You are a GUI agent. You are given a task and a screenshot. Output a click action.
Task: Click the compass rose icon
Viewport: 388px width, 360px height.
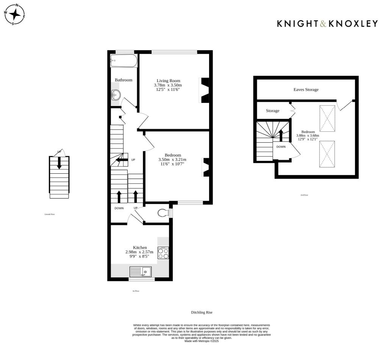pos(15,14)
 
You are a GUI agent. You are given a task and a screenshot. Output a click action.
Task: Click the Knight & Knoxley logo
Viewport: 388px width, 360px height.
pos(327,23)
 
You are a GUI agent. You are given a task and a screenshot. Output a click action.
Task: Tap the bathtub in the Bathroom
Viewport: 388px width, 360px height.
pos(124,60)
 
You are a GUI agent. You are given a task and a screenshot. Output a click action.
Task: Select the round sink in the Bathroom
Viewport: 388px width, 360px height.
pos(116,95)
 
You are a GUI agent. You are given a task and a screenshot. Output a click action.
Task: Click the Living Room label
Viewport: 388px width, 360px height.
pos(169,81)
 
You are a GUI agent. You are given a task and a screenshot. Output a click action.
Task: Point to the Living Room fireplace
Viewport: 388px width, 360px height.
pos(205,90)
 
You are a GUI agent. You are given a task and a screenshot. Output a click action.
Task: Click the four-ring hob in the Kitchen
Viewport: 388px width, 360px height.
pos(163,253)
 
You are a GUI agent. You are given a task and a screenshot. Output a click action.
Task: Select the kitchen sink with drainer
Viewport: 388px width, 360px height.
pos(140,271)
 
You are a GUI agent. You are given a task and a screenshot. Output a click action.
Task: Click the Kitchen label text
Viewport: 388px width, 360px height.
pos(139,247)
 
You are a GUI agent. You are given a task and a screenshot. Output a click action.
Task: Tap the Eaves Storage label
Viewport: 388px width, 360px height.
pos(306,90)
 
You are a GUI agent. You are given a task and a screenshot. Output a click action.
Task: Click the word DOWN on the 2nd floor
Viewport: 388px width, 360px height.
pos(281,146)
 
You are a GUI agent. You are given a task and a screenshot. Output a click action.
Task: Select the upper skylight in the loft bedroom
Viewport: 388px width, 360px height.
pos(327,118)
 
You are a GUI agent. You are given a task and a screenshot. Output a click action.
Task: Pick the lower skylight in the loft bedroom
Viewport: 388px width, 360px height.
pos(327,154)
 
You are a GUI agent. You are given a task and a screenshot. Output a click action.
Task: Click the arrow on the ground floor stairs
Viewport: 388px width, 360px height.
pos(59,163)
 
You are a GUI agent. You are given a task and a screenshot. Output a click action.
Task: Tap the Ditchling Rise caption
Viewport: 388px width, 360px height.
pos(202,313)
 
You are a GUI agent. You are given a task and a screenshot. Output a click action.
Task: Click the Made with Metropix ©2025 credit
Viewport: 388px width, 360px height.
pos(202,341)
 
